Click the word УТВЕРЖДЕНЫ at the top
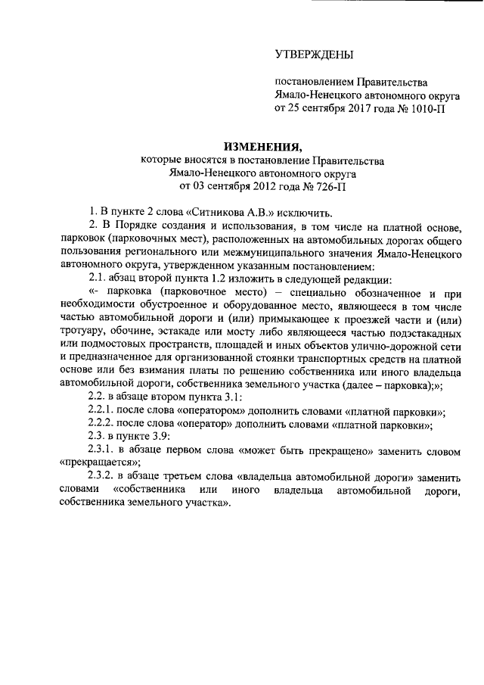coord(314,54)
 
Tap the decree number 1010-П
coord(427,108)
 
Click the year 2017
coord(363,108)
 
